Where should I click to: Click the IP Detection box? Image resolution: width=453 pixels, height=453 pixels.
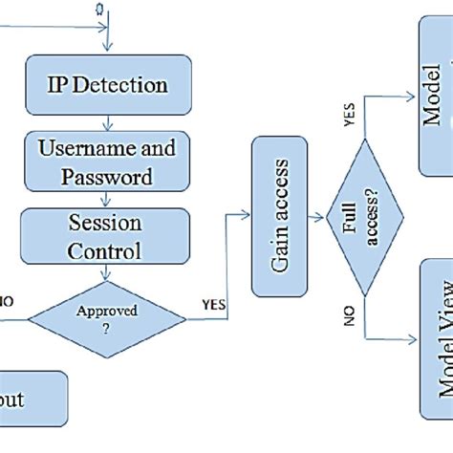pyautogui.click(x=107, y=85)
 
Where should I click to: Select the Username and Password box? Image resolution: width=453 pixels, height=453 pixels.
pyautogui.click(x=107, y=162)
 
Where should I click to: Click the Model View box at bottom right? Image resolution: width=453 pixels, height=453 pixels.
pyautogui.click(x=436, y=354)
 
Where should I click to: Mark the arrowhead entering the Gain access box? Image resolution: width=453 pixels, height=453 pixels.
pyautogui.click(x=246, y=216)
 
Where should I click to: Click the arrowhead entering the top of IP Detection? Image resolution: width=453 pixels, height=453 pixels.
pyautogui.click(x=107, y=49)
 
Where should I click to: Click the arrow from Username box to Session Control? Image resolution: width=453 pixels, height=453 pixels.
pyautogui.click(x=107, y=199)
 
